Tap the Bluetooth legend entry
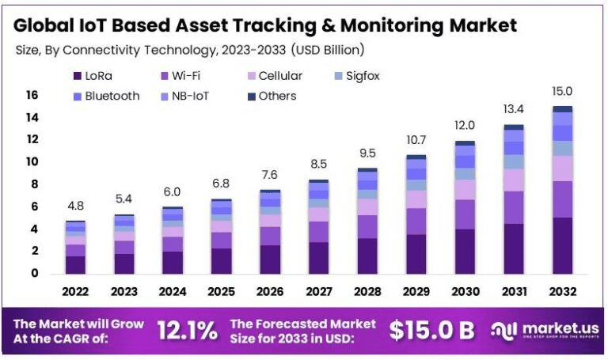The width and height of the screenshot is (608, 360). click(x=106, y=96)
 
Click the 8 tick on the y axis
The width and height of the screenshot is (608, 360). click(x=34, y=184)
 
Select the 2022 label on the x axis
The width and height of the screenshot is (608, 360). click(x=75, y=291)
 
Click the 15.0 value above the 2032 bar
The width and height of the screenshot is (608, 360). click(x=563, y=92)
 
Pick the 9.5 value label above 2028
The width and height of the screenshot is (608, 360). click(x=367, y=153)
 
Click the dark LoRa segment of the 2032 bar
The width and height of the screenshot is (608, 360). click(x=563, y=245)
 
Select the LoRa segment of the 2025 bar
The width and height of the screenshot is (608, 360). click(x=221, y=260)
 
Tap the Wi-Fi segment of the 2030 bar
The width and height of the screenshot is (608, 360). click(x=465, y=214)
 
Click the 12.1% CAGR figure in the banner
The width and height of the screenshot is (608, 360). click(x=187, y=331)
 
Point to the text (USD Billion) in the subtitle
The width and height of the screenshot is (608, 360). click(x=328, y=50)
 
